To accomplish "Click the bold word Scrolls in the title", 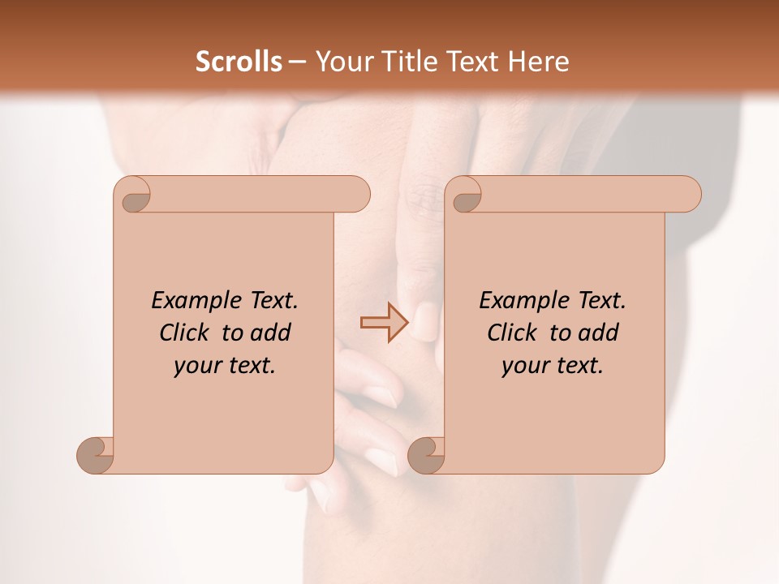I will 239,62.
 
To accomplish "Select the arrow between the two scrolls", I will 384,322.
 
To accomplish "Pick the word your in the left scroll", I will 196,366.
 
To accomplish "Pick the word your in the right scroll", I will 524,366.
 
